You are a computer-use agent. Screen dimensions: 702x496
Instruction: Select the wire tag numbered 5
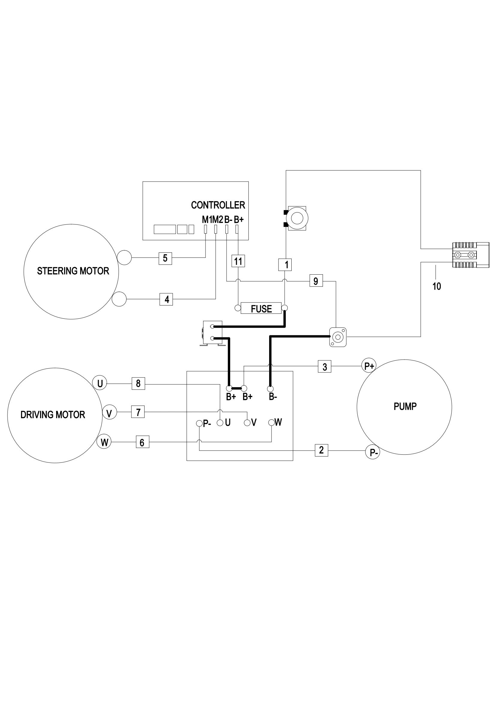pos(165,258)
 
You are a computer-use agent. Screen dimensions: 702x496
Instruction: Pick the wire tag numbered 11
pos(238,261)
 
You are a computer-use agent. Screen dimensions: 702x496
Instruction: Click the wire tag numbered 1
pos(286,265)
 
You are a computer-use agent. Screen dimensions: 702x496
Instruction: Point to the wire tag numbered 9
pos(316,281)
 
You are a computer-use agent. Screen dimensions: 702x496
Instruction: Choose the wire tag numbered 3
pos(325,366)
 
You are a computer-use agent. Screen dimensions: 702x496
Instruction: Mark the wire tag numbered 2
pos(321,450)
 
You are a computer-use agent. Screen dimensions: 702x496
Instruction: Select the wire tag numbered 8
pos(138,383)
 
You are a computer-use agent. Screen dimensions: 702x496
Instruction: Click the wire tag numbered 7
pos(138,412)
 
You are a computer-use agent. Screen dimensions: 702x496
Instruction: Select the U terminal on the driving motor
pos(100,383)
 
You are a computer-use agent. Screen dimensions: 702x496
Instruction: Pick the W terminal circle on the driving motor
pos(104,442)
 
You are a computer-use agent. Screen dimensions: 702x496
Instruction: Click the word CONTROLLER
pos(218,205)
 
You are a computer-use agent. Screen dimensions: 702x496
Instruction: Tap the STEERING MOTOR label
pos(73,271)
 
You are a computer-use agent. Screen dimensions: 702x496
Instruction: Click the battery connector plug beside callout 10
pos(466,255)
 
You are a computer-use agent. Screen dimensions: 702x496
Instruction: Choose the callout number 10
pos(437,286)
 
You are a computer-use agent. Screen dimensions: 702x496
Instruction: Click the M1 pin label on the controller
pos(206,219)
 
